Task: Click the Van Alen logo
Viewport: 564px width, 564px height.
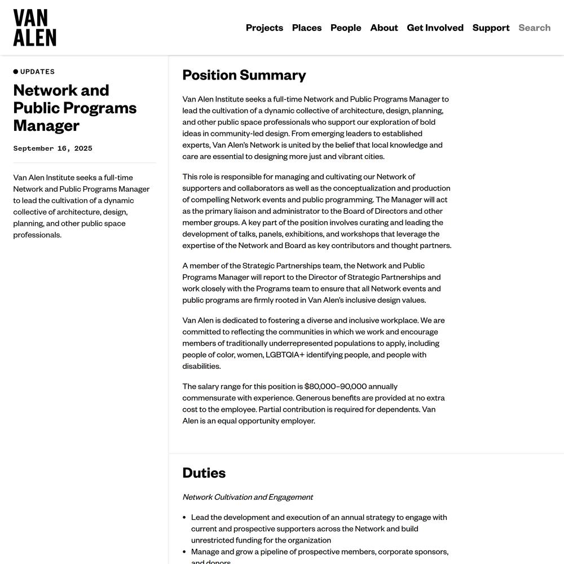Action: click(34, 28)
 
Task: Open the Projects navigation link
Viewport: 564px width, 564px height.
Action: click(265, 28)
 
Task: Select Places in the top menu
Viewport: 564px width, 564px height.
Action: click(307, 28)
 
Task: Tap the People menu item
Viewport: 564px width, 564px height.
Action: click(346, 28)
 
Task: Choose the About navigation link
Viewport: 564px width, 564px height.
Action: click(384, 28)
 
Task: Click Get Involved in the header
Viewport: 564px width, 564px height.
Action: click(435, 28)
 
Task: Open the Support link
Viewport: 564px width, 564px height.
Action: click(491, 28)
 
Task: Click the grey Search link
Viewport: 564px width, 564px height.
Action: click(534, 28)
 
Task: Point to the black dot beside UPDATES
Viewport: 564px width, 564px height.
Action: click(16, 72)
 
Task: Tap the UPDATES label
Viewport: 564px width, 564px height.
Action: click(38, 72)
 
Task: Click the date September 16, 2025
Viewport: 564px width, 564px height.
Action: click(52, 148)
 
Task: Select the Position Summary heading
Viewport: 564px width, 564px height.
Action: click(244, 75)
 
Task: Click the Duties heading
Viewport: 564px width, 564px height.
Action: click(204, 473)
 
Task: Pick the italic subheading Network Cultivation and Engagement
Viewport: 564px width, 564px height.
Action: click(248, 497)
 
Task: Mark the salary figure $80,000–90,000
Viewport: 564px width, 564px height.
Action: click(336, 386)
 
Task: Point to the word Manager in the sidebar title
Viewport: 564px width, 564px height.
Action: click(46, 125)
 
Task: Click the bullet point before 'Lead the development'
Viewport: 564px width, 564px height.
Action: click(185, 517)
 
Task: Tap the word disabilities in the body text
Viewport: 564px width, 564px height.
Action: click(201, 366)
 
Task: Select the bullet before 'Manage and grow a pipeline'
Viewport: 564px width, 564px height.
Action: click(185, 552)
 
